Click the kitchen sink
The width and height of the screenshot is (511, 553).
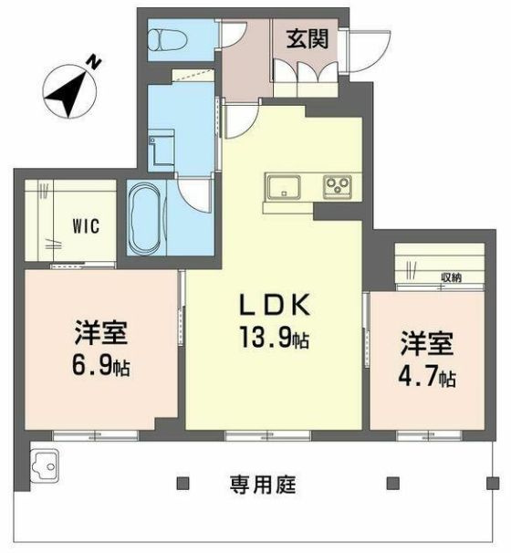280,189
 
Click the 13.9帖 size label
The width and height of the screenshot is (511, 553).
276,340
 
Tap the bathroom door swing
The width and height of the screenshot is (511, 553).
194,192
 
